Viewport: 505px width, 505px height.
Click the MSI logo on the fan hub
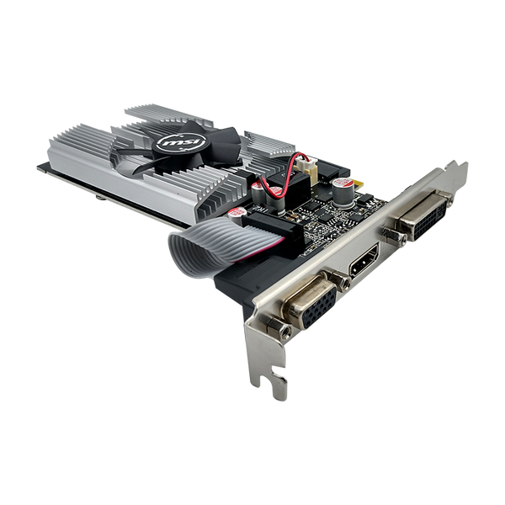click(181, 141)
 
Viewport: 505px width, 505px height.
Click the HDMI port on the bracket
click(364, 260)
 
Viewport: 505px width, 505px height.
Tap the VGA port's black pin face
click(320, 307)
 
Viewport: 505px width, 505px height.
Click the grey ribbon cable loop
click(206, 247)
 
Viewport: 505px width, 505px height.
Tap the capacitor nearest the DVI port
click(342, 192)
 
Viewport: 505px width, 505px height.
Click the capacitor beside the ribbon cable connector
click(237, 214)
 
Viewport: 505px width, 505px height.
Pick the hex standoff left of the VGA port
click(279, 328)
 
